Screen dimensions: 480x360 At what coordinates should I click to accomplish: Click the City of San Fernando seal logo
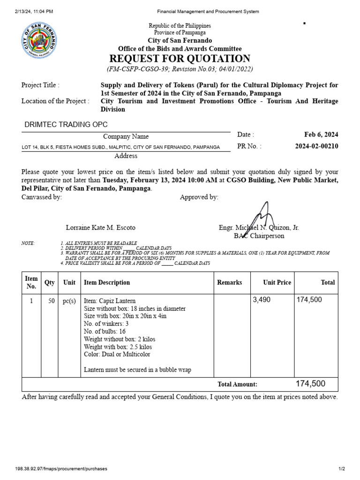(x=41, y=41)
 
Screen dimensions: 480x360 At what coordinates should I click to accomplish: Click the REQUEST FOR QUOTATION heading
(x=180, y=59)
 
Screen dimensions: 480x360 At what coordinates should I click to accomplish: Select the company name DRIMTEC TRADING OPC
(x=66, y=124)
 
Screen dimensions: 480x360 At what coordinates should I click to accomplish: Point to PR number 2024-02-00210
(x=316, y=146)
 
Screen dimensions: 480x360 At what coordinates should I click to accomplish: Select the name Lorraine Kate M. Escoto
(x=100, y=227)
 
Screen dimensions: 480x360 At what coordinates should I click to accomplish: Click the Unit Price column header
(x=277, y=282)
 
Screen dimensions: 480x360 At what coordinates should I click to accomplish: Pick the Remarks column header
(x=230, y=282)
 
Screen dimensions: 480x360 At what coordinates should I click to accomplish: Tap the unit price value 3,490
(x=262, y=300)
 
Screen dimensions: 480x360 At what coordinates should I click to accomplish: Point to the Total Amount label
(x=237, y=384)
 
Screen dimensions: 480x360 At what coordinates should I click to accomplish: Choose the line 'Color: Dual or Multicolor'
(x=117, y=354)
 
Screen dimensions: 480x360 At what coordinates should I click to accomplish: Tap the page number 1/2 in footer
(x=342, y=469)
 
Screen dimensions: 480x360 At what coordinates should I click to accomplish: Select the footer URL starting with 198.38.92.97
(x=61, y=469)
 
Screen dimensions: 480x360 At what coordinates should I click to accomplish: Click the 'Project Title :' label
(x=40, y=85)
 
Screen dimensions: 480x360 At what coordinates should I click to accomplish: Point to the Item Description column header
(x=107, y=282)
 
